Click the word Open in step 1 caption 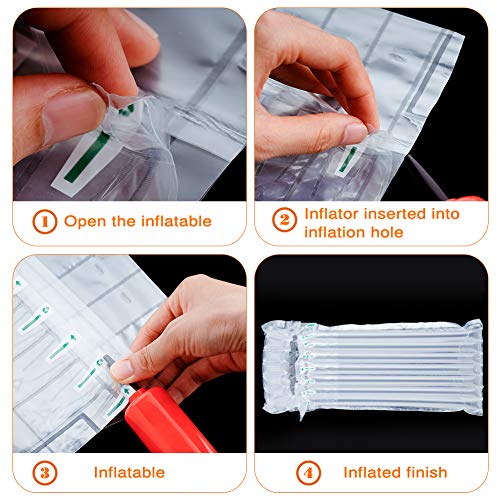point(84,222)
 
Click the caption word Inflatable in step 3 point(130,471)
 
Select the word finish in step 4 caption point(424,471)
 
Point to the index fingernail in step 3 point(122,369)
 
